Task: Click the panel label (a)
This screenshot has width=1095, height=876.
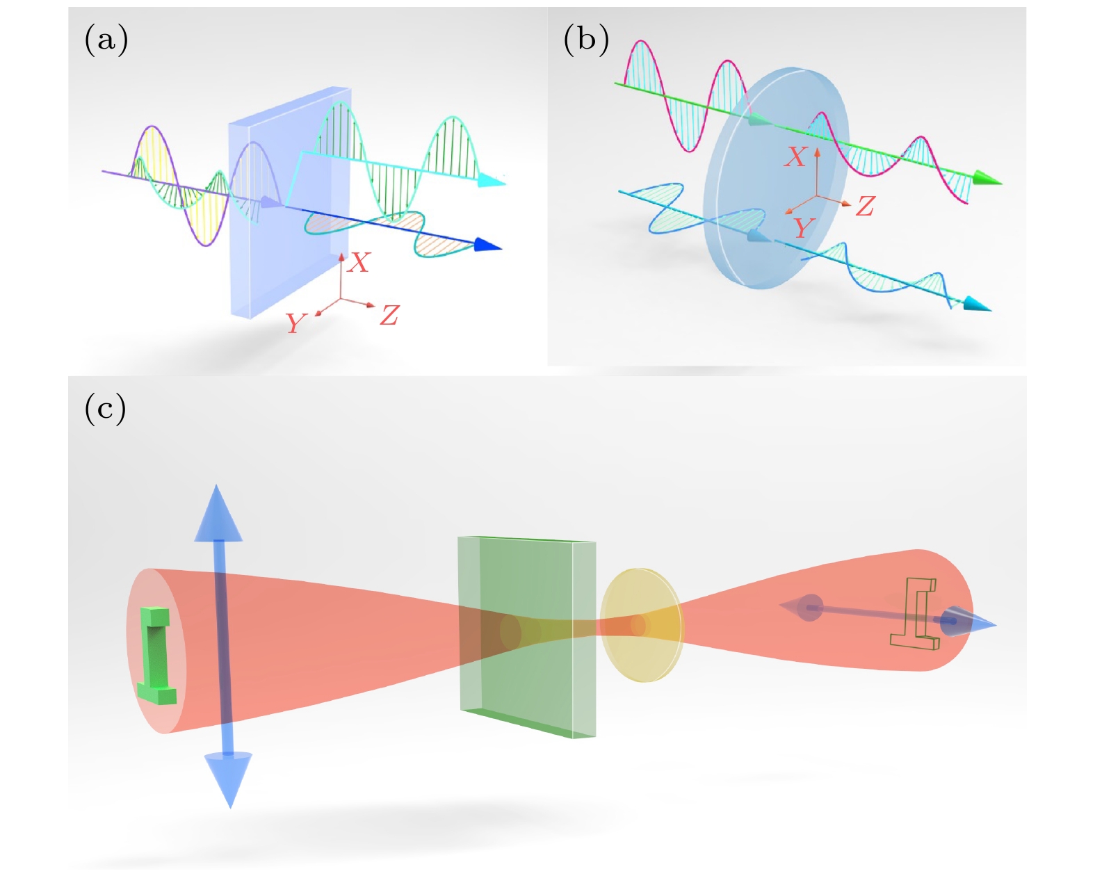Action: click(106, 40)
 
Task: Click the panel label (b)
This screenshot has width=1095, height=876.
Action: click(585, 40)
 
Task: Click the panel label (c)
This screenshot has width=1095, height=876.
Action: click(105, 408)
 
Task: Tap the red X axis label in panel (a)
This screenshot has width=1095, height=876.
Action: click(359, 263)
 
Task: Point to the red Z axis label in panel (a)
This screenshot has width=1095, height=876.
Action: click(389, 315)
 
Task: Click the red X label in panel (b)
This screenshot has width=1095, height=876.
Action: click(795, 157)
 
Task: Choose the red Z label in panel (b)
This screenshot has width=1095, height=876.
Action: click(865, 206)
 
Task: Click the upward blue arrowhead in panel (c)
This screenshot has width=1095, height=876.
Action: click(218, 514)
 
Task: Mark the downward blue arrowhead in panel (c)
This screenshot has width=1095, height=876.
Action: click(229, 779)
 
